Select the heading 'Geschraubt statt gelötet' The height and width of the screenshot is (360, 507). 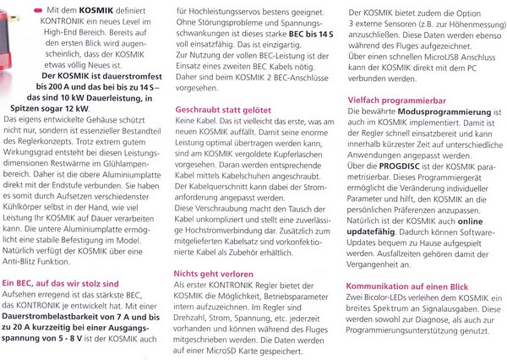coord(223,109)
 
